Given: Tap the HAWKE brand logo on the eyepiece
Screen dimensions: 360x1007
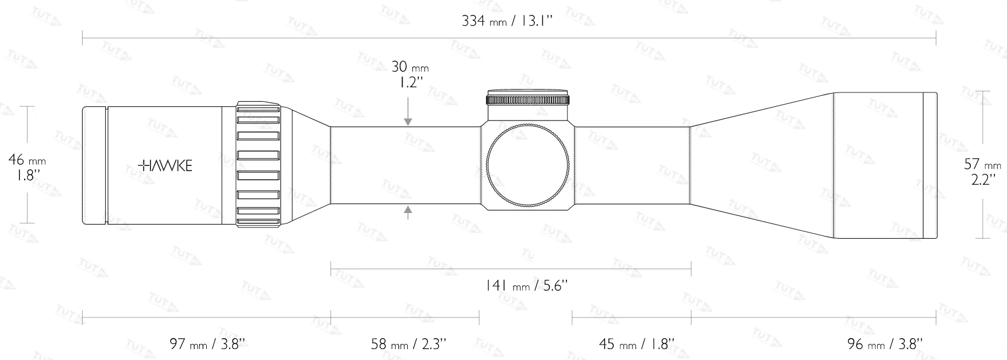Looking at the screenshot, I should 166,166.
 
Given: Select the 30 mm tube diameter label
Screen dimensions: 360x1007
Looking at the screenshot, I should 410,67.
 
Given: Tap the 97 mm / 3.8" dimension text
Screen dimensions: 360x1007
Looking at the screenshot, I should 207,344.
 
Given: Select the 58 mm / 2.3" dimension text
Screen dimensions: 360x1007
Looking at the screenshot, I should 408,344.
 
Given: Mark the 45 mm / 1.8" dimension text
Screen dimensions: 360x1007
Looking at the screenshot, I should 636,344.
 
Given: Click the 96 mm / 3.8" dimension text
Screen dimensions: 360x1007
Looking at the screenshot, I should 885,344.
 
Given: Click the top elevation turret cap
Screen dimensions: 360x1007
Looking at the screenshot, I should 528,98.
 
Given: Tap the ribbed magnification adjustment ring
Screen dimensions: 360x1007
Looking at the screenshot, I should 258,165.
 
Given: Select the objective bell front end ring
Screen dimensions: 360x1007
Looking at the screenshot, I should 929,165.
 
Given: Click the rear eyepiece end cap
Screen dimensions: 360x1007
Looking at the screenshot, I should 94,165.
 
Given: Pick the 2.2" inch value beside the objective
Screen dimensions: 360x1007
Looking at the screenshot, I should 982,180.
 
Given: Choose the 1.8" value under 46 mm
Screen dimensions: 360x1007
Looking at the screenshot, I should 27,176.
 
